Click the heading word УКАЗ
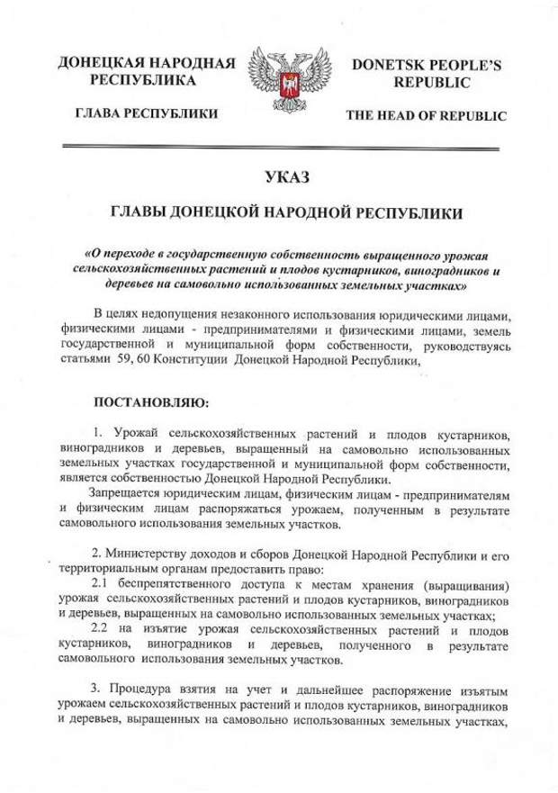click(x=278, y=176)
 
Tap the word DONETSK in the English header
click(x=389, y=65)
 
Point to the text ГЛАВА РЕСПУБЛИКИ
click(x=138, y=114)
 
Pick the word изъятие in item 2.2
click(x=163, y=626)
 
